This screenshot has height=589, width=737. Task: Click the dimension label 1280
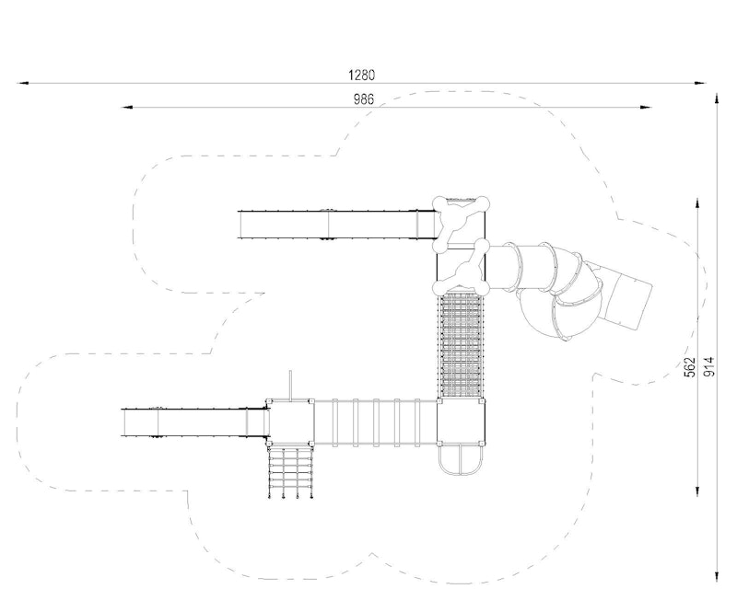[x=361, y=75]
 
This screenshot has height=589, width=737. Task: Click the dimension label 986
[x=363, y=99]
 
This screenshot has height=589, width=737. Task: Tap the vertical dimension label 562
[x=689, y=367]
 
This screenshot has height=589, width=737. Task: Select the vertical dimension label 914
[x=709, y=366]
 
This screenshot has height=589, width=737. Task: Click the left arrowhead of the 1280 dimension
[x=23, y=83]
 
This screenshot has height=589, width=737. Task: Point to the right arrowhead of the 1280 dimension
[x=700, y=83]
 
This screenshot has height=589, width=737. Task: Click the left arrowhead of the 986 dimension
[x=127, y=107]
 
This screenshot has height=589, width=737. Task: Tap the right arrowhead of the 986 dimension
[x=646, y=107]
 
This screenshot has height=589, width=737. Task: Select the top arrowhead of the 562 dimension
[x=696, y=203]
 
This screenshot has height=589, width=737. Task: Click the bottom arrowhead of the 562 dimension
[x=696, y=491]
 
